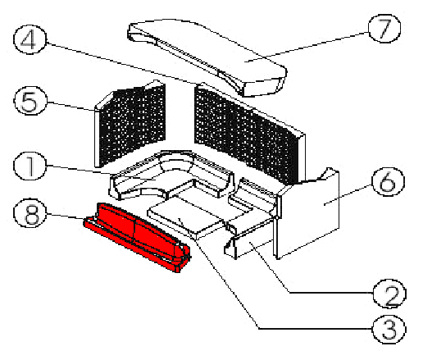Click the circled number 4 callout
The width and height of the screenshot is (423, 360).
click(30, 39)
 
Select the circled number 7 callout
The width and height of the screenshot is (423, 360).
click(384, 29)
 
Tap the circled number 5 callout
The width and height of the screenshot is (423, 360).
click(30, 101)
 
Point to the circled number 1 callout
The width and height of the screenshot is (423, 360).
click(30, 166)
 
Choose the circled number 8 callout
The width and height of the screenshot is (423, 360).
click(30, 213)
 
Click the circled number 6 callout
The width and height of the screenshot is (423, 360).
click(388, 181)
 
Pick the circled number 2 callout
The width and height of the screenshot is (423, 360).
click(389, 294)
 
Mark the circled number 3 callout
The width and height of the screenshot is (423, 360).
click(389, 329)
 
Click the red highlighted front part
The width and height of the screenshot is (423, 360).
click(137, 236)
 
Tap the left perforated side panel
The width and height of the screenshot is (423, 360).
click(130, 125)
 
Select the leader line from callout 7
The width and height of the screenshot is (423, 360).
click(307, 48)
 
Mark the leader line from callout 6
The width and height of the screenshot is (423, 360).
click(348, 194)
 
